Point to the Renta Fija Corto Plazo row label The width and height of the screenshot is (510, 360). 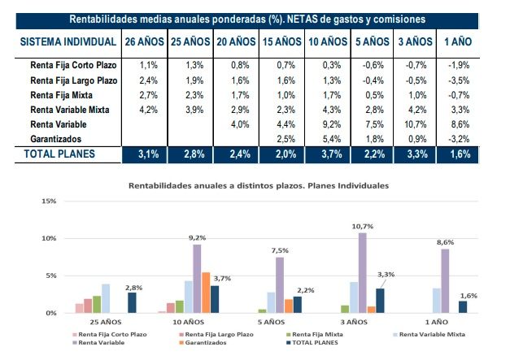(x=71, y=64)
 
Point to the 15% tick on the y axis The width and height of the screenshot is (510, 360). (x=48, y=202)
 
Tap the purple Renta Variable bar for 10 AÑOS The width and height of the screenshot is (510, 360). (x=196, y=279)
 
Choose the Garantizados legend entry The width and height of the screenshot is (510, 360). (x=211, y=343)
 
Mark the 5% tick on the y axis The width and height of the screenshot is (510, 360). (x=50, y=276)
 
